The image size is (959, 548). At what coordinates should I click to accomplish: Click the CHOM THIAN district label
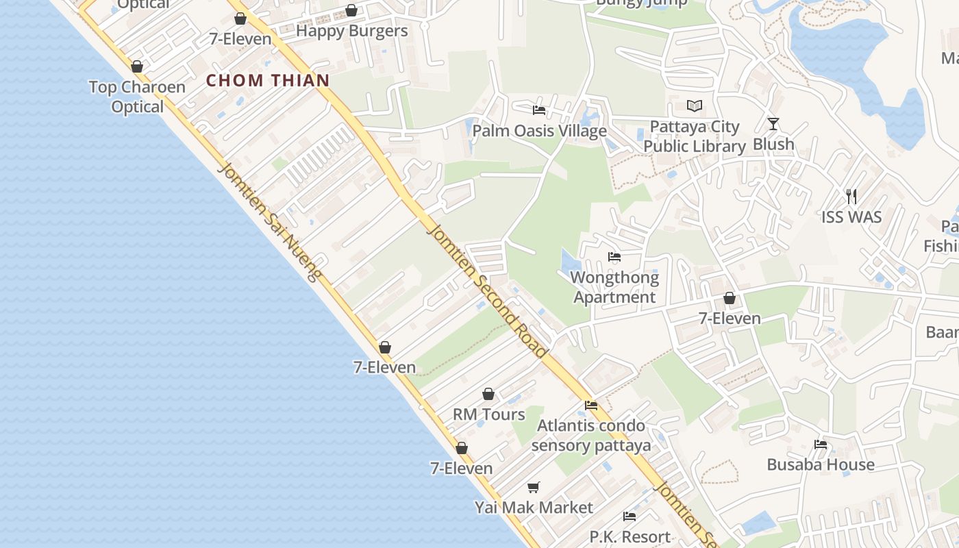tap(268, 80)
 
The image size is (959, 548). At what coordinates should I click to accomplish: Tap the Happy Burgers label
tap(351, 31)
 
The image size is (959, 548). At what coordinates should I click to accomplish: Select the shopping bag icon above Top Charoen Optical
tap(137, 66)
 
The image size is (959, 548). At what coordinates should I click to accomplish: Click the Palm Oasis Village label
tap(540, 131)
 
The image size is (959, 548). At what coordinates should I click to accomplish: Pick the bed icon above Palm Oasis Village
tap(539, 110)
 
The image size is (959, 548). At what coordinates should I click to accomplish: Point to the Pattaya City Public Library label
tap(695, 136)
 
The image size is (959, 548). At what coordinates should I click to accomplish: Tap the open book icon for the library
tap(695, 106)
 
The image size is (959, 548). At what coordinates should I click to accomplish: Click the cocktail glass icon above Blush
tap(773, 124)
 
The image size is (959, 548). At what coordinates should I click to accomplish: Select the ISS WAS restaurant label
tap(851, 217)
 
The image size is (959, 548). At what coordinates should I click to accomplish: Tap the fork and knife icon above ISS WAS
tap(851, 197)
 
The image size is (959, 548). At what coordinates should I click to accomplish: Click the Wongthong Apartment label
tap(614, 287)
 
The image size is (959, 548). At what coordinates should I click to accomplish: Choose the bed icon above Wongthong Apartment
tap(614, 257)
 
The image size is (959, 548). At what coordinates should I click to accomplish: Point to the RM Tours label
tap(489, 414)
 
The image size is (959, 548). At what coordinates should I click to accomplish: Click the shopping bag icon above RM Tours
tap(488, 394)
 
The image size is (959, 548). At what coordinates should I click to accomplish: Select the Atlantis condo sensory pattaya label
tap(590, 436)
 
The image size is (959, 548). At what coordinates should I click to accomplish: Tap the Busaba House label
tap(821, 464)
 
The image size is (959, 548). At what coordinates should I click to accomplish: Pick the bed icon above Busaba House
tap(821, 445)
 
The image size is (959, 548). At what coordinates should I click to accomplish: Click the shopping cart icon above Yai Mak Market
tap(534, 487)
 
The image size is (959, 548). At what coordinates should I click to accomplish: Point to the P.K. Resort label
tap(630, 536)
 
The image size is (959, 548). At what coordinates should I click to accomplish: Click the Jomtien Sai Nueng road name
tap(271, 223)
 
